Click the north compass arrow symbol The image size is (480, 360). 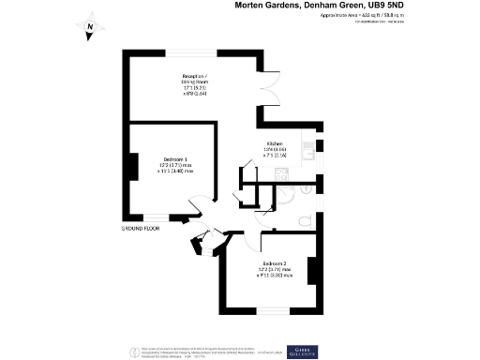pyautogui.click(x=87, y=27)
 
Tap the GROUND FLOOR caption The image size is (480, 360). pyautogui.click(x=141, y=228)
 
